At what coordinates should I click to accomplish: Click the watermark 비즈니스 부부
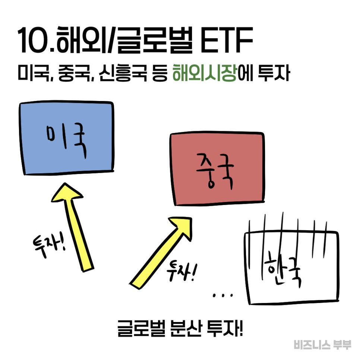click(322, 345)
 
